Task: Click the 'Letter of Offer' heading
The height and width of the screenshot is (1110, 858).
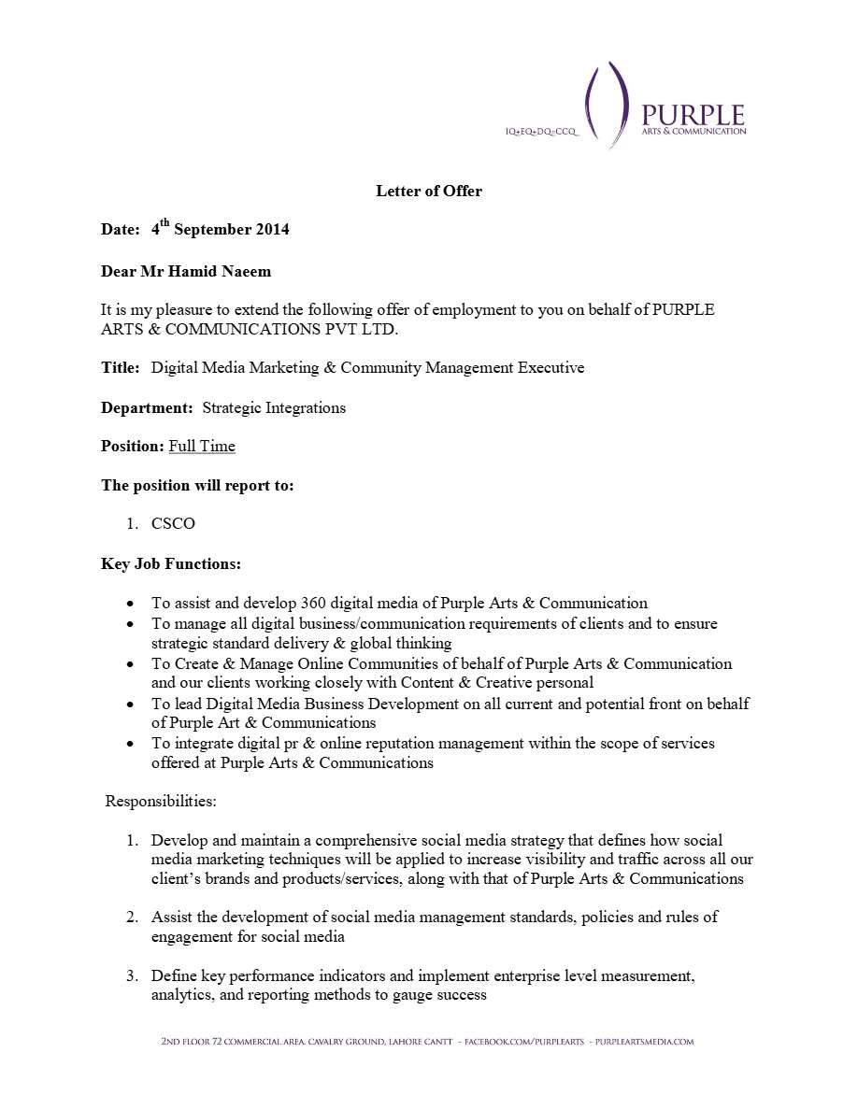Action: click(x=429, y=192)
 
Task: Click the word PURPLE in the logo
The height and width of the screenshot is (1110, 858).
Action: click(x=693, y=115)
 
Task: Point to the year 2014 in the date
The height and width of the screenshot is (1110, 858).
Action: click(x=271, y=230)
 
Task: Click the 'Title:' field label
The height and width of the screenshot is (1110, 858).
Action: click(x=121, y=368)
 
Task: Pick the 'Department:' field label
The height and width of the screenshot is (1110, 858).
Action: click(x=148, y=408)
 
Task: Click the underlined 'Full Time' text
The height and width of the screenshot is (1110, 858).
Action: click(x=202, y=447)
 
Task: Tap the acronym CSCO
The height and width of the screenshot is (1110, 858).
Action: click(x=173, y=524)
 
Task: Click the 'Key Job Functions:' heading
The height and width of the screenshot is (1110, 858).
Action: click(x=171, y=564)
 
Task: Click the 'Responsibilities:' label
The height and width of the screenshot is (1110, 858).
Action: click(x=161, y=802)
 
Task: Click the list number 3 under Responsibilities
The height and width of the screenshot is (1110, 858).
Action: click(x=133, y=976)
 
